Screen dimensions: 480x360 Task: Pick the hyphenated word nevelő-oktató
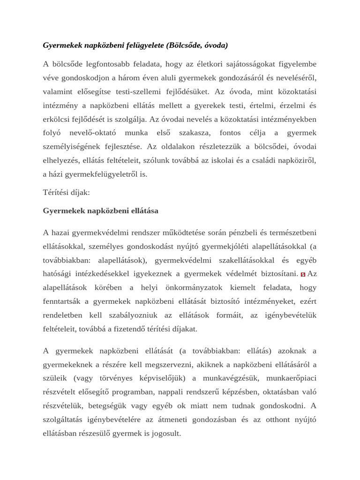click(91, 133)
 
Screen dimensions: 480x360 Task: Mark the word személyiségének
click(73, 147)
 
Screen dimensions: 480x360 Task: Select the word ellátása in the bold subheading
click(141, 211)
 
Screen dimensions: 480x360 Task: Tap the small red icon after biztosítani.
click(303, 275)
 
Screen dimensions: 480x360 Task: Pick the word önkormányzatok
click(191, 287)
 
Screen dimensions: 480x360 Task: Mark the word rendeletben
click(62, 315)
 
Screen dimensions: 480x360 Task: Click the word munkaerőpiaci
click(292, 378)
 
